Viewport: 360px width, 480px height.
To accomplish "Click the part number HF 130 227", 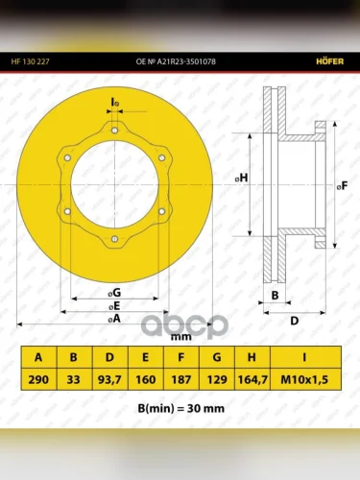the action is [x=30, y=61].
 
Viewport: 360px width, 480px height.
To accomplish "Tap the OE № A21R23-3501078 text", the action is [x=176, y=61].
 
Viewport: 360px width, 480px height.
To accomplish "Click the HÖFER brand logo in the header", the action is [x=329, y=61].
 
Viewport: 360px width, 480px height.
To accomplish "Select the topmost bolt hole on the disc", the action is [x=115, y=131].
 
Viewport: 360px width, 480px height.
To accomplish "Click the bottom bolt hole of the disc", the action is [x=115, y=239].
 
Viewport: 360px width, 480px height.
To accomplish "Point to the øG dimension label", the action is [x=114, y=293].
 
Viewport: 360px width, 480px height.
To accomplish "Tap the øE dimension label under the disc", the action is [x=114, y=306].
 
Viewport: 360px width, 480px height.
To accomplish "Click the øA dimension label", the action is [x=114, y=319].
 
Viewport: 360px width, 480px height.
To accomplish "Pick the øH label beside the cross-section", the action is [x=242, y=178].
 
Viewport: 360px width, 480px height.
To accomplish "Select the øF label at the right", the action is [x=343, y=185].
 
